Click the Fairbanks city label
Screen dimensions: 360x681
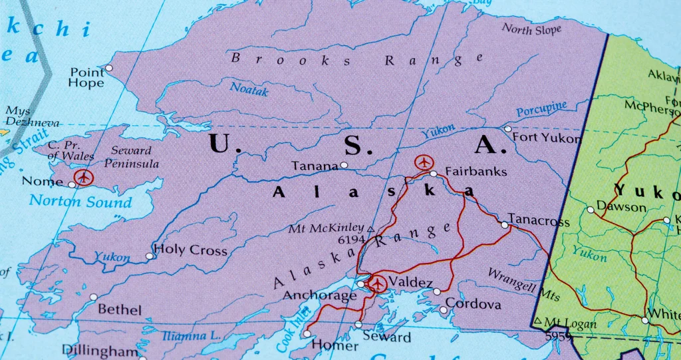click(476, 172)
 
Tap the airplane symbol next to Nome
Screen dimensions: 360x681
click(83, 177)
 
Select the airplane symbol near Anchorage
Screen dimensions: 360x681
click(378, 284)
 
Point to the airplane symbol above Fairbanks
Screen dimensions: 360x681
click(423, 162)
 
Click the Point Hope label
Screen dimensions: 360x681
click(87, 77)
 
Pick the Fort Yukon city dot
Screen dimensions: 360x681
click(508, 129)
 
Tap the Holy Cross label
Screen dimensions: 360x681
click(190, 251)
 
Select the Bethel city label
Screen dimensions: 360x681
click(120, 309)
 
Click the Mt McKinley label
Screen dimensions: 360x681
click(326, 228)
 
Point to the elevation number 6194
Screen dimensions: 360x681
click(352, 240)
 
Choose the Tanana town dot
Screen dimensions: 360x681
click(344, 165)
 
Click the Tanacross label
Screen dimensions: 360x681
click(539, 220)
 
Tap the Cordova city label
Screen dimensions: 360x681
click(473, 304)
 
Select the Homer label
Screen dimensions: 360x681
click(325, 345)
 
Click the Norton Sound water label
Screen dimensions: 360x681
click(80, 200)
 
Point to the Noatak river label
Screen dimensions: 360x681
click(249, 89)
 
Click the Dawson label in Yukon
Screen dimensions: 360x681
click(621, 207)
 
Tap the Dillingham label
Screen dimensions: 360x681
click(100, 350)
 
